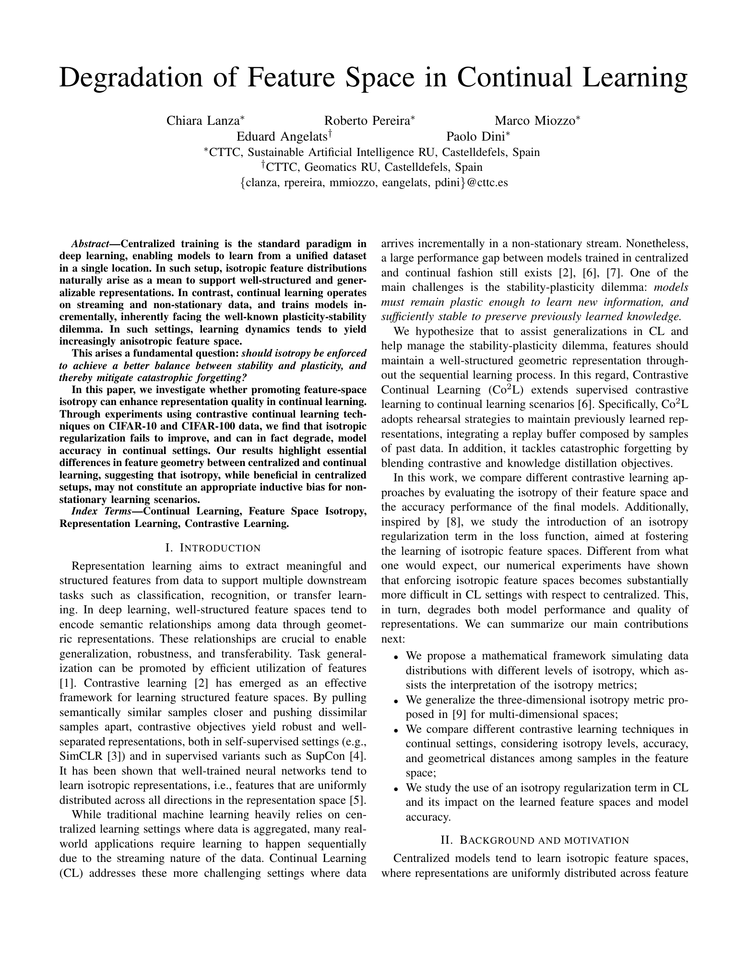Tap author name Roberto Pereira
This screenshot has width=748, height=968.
pyautogui.click(x=367, y=120)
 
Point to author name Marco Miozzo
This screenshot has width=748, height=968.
pyautogui.click(x=535, y=120)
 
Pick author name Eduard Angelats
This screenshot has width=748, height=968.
pyautogui.click(x=282, y=136)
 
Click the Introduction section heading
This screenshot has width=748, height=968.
pyautogui.click(x=213, y=548)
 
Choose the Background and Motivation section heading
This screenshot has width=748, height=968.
pyautogui.click(x=534, y=840)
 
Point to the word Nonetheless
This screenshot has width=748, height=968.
pyautogui.click(x=657, y=243)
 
